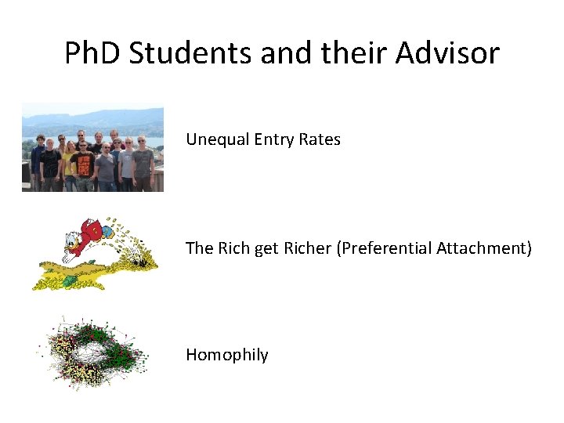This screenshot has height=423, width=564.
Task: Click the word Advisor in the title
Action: click(448, 53)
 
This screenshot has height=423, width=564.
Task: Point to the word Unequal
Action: click(214, 139)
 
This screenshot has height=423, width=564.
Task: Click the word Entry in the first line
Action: click(269, 139)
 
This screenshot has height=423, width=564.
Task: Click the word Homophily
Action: click(226, 355)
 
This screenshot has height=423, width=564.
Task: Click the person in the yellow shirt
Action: click(70, 164)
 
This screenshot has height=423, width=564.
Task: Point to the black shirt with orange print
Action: click(85, 165)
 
